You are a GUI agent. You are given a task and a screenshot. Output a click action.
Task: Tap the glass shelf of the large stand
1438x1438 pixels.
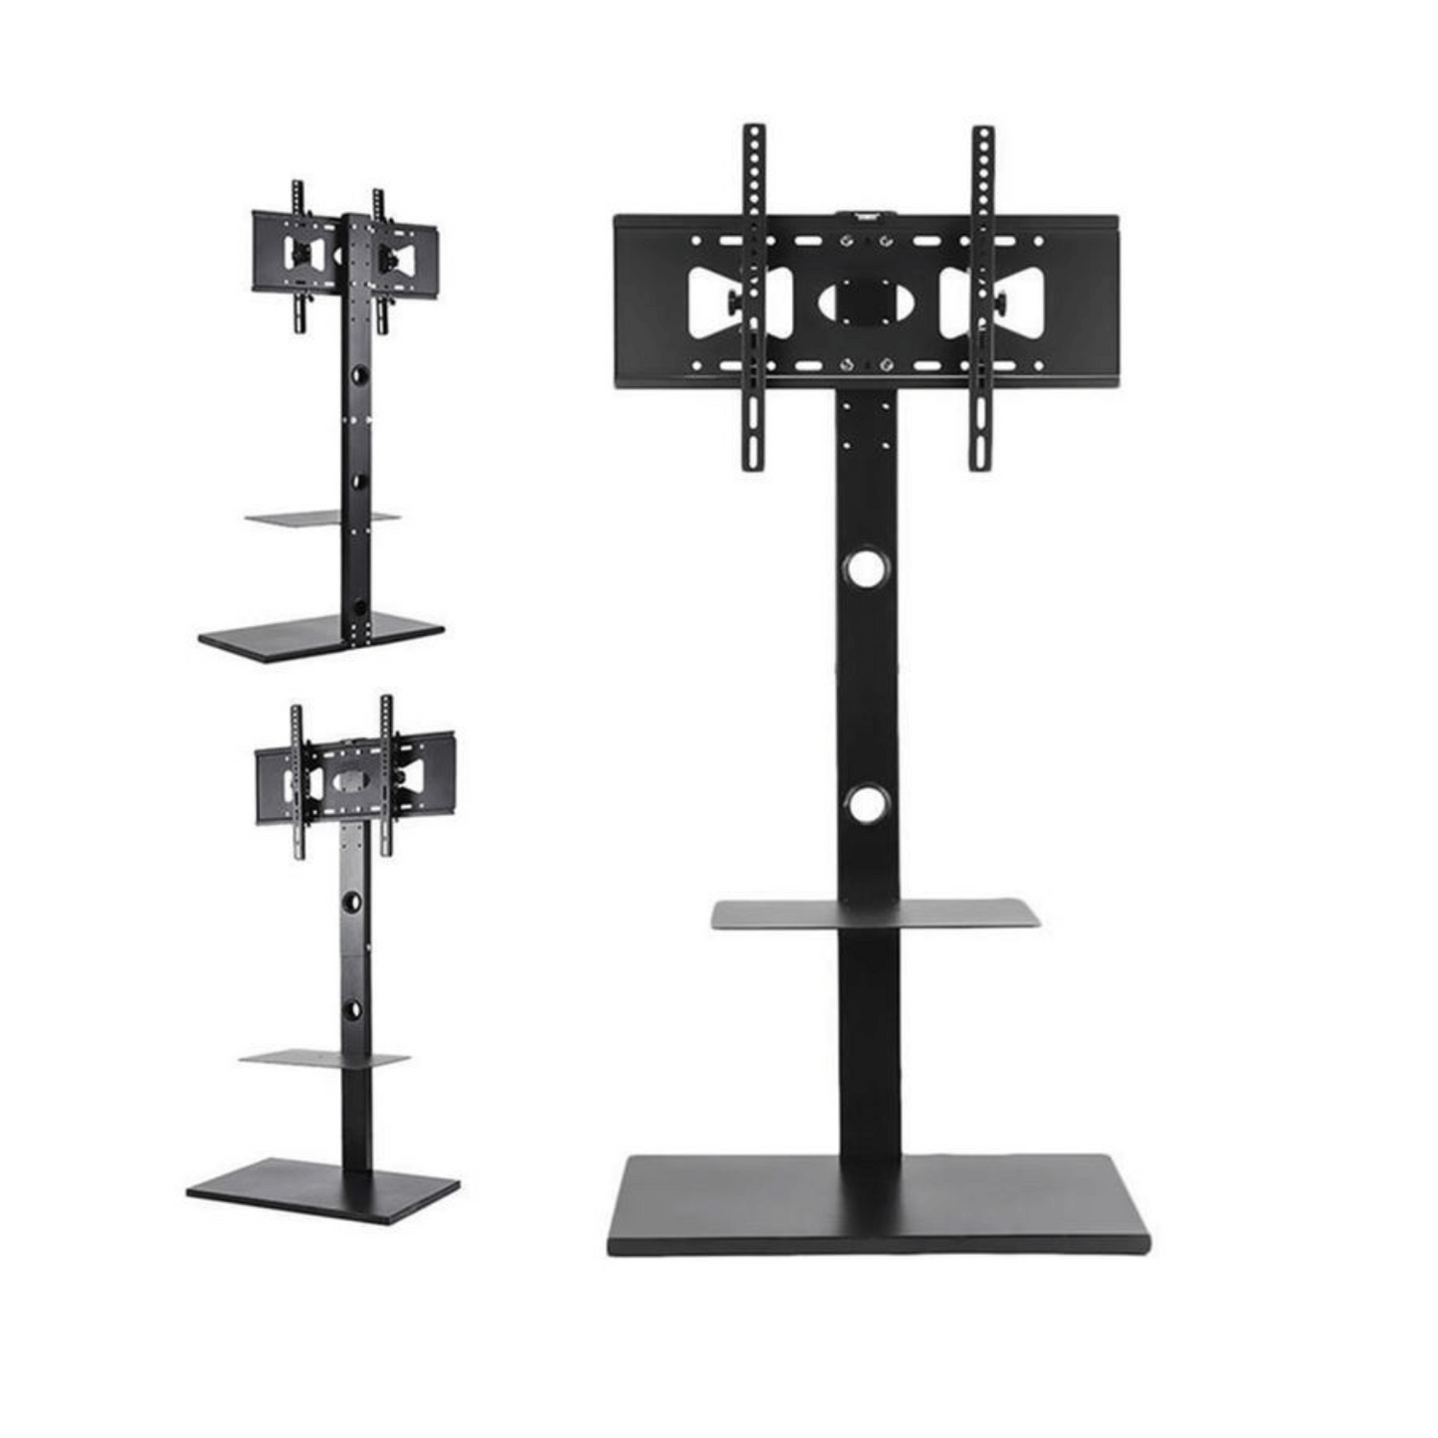pos(876,914)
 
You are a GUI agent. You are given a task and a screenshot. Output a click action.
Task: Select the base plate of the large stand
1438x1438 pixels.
pos(878,1203)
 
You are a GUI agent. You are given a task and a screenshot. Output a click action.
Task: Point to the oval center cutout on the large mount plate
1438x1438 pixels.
pos(866,303)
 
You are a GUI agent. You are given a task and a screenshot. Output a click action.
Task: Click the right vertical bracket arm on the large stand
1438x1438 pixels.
pos(982,299)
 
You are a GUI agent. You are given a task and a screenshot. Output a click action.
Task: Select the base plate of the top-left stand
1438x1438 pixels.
pos(320,634)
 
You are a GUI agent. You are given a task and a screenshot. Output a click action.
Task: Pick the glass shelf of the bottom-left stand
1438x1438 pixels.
pos(324,1059)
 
